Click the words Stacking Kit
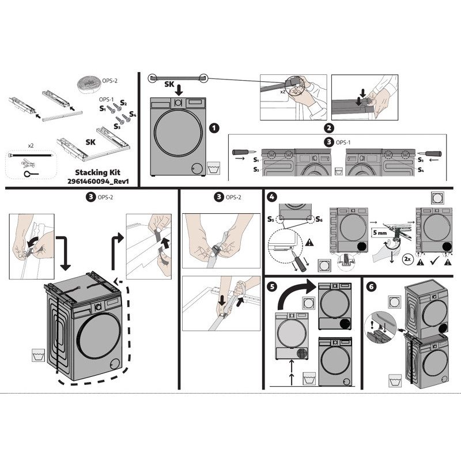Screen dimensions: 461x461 click(x=97, y=172)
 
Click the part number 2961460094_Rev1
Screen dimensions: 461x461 click(x=98, y=181)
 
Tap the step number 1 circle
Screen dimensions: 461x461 click(x=214, y=128)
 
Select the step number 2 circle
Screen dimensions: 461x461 click(x=328, y=128)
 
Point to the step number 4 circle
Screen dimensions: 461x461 click(x=272, y=197)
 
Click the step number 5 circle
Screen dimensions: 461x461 click(x=272, y=286)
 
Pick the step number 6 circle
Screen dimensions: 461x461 click(x=372, y=286)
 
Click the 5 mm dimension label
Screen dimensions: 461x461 click(x=380, y=233)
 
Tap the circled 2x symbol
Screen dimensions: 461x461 click(x=407, y=259)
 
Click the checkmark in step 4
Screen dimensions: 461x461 click(x=434, y=261)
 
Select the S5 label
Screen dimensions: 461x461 click(x=271, y=219)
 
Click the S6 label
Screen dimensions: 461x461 click(x=319, y=219)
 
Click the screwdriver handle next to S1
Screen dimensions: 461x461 click(x=240, y=152)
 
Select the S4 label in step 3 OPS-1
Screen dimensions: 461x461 click(x=421, y=169)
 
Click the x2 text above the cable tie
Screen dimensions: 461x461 click(x=31, y=146)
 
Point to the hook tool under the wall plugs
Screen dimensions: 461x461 click(x=31, y=174)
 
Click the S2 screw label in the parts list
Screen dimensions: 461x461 click(x=123, y=103)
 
